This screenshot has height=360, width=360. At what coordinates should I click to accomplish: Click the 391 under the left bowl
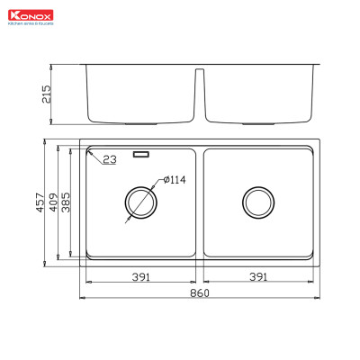coord(139,276)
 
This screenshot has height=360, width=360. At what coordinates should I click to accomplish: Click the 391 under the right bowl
coord(259,276)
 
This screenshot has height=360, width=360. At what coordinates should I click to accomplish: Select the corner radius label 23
coord(110,159)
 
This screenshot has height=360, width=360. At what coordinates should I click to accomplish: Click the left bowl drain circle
coord(139,202)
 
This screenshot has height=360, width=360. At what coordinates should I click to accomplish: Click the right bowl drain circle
coord(259,202)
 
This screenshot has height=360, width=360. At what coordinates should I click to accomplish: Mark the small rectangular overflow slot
coord(141,154)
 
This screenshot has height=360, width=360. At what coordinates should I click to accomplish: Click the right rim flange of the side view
coord(318,66)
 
